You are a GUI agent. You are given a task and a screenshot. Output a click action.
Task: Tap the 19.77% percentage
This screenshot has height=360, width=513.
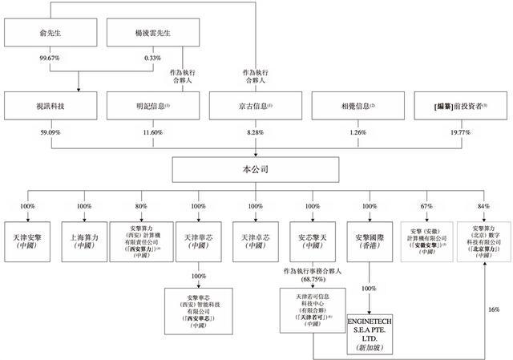pos(460,131)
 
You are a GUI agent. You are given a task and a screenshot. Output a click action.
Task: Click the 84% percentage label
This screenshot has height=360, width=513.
pos(483,206)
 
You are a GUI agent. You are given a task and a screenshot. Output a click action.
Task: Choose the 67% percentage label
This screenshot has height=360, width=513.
pos(426,206)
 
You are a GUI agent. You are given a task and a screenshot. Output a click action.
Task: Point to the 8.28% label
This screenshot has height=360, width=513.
pos(256,131)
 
